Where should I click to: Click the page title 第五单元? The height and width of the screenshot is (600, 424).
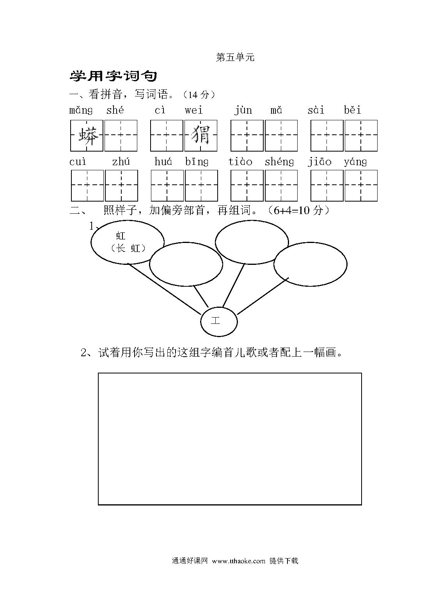point(235,57)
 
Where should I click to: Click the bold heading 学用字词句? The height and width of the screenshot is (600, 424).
point(113,76)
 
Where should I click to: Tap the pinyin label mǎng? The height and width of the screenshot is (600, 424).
point(81,111)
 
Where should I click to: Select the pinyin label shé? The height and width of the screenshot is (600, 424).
point(115,110)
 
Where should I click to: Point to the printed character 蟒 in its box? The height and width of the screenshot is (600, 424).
point(88,136)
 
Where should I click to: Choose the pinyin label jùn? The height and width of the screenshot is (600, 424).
point(243,111)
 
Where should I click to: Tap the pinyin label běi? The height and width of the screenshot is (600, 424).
point(352,110)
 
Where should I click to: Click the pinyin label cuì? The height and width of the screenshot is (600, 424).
point(78,162)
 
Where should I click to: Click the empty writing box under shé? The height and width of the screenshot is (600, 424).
point(121,136)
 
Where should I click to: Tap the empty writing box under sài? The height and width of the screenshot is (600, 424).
point(327,136)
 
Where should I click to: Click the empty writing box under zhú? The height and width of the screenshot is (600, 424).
point(121,186)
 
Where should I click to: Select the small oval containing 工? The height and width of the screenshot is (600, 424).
point(219,321)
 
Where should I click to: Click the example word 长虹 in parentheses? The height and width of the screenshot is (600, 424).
point(128,248)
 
